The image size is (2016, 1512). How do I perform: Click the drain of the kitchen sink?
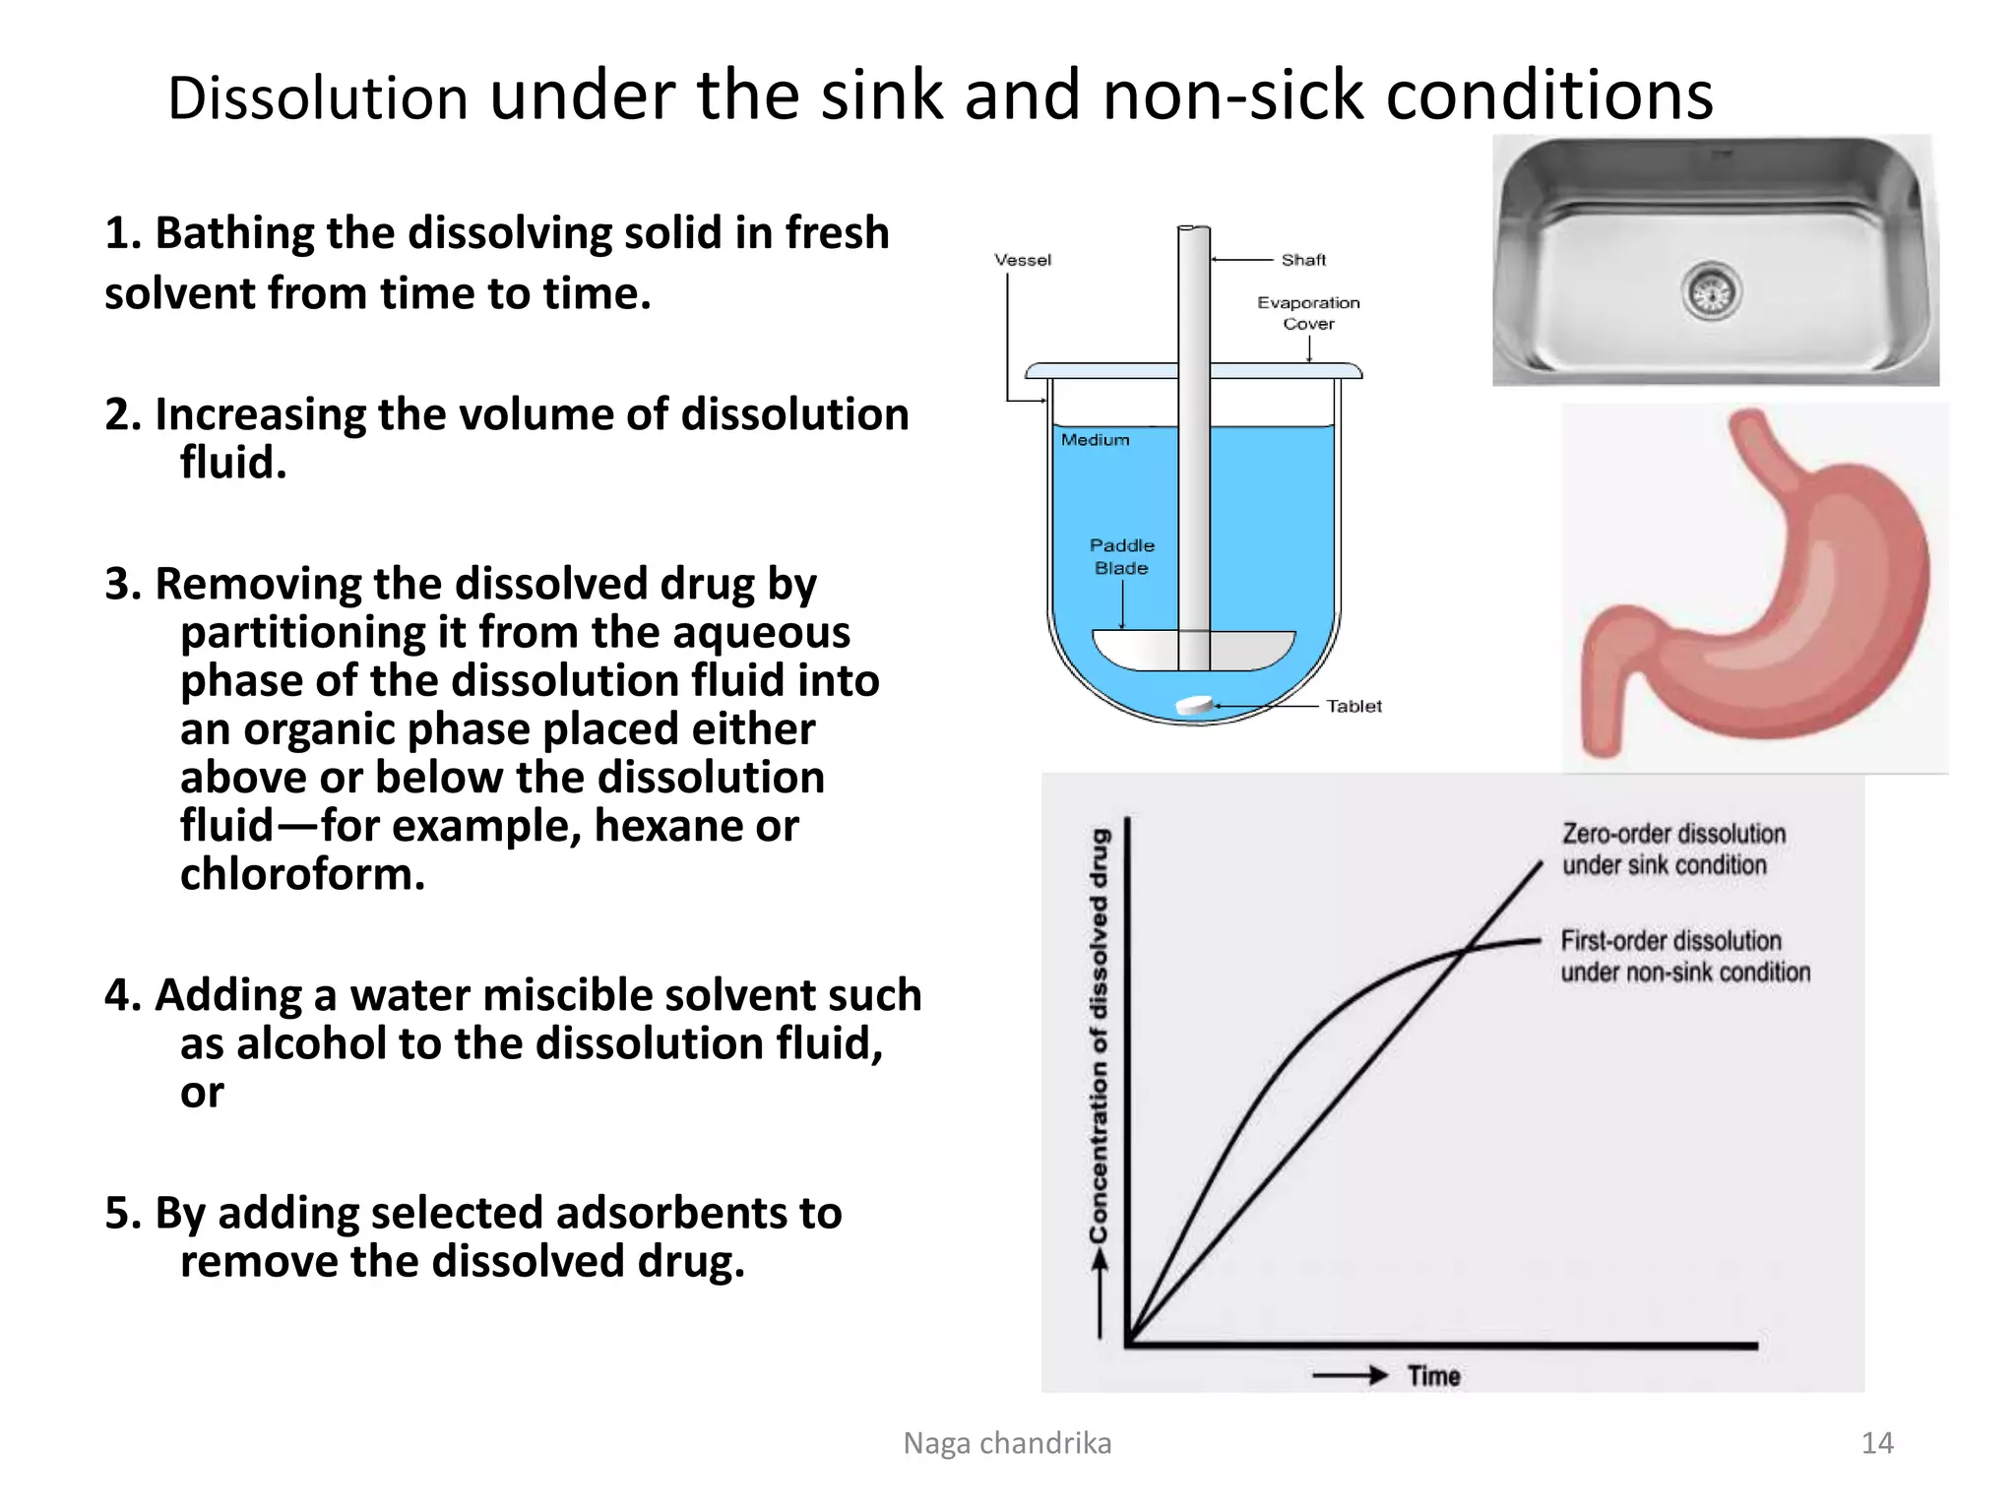pos(1711,292)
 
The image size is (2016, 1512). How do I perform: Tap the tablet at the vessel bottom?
pos(1195,705)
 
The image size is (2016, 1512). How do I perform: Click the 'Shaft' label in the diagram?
pos(1303,260)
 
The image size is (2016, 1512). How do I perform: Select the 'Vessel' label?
pos(1023,260)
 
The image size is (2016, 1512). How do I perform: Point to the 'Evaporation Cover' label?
pos(1308,313)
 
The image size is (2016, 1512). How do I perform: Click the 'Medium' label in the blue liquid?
pos(1095,440)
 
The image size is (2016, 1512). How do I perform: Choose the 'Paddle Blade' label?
pos(1121,556)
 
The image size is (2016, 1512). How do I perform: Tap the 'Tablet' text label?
pos(1354,706)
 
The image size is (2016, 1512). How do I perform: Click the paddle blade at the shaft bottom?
pos(1194,650)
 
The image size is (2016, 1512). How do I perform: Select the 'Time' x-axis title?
pos(1433,1375)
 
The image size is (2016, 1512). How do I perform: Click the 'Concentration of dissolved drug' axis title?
pos(1099,1034)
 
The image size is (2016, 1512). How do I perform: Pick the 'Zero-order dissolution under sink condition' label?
pos(1673,850)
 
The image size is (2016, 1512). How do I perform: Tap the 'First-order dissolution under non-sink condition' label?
pos(1685,956)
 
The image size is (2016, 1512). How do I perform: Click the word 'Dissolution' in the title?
pos(317,98)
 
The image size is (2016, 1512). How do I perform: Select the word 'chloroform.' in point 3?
pos(302,874)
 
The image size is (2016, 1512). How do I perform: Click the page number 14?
pos(1876,1443)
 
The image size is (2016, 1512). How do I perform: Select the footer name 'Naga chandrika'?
pos(1007,1443)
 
